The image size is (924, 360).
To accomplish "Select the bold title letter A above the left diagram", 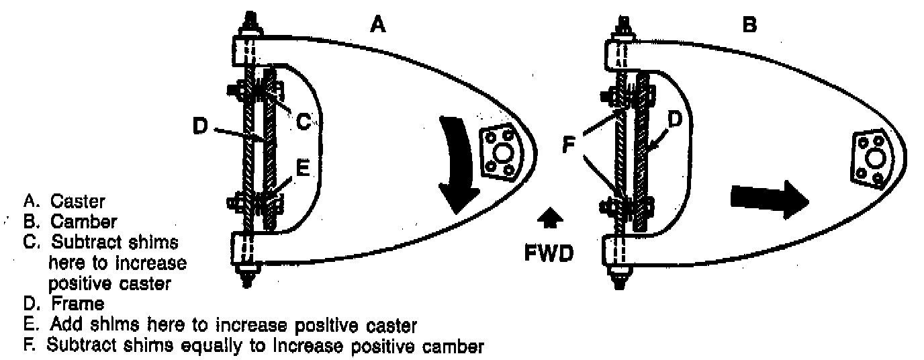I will [378, 26].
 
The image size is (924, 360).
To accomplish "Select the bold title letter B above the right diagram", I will [749, 26].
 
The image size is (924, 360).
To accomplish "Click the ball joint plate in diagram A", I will [500, 156].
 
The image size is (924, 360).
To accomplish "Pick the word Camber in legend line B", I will [83, 221].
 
